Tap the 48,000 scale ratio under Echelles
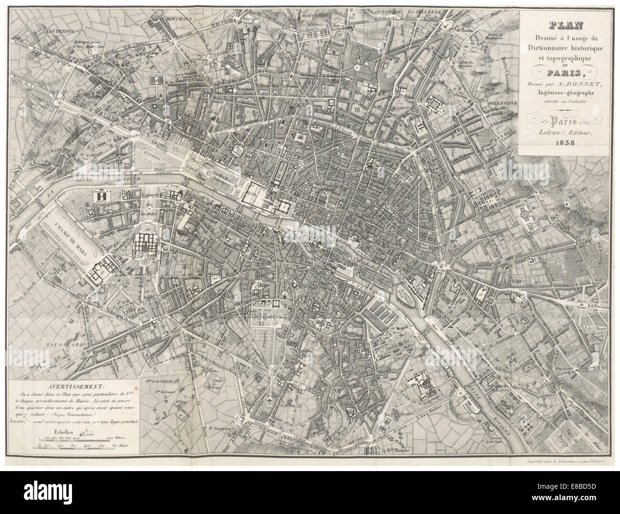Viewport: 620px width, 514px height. point(88,434)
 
